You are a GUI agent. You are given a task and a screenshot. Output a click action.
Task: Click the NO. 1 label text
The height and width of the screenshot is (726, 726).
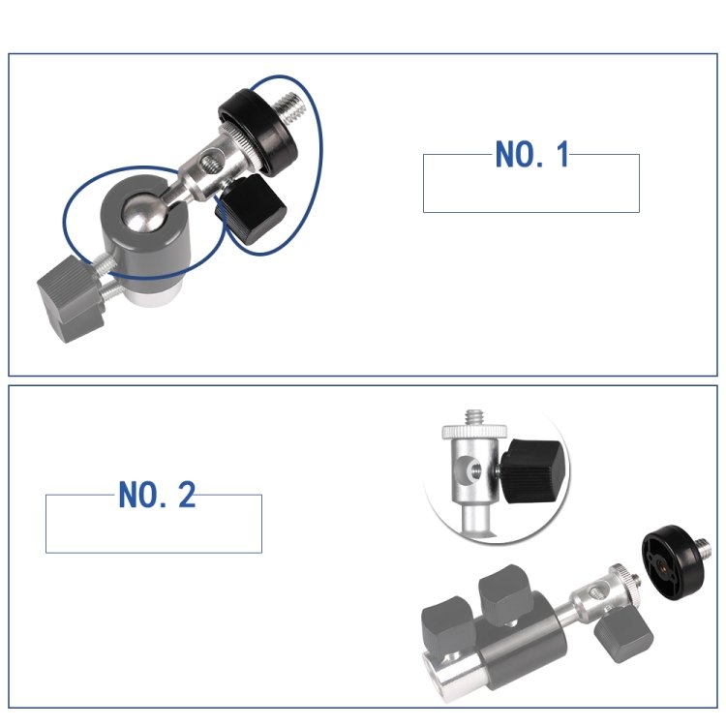click(532, 154)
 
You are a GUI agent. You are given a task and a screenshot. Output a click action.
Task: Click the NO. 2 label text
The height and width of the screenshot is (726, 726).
click(157, 495)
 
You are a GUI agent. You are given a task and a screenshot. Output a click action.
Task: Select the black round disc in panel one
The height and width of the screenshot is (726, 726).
click(257, 133)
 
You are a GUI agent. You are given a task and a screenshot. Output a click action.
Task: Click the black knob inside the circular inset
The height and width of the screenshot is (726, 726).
click(533, 470)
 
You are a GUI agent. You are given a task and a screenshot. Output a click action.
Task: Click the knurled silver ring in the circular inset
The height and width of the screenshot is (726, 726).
click(474, 432)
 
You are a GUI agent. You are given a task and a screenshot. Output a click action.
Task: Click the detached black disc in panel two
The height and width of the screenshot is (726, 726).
click(672, 564)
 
